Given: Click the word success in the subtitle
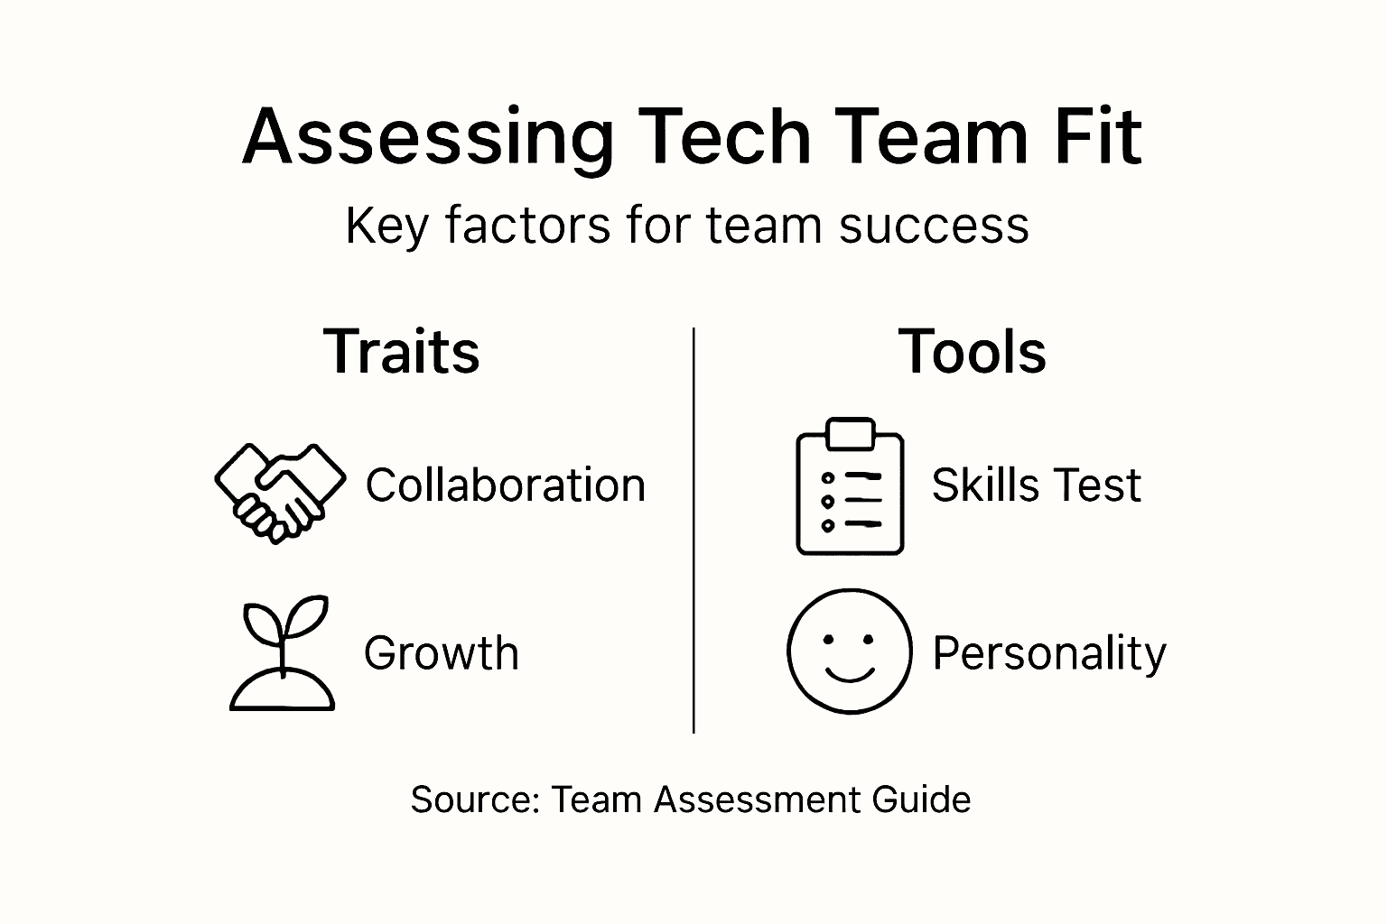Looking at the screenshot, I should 934,225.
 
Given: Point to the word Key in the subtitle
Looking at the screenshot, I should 386,226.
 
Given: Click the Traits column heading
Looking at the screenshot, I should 402,351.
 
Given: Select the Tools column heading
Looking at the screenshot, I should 972,351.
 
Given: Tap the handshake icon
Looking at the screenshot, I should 279,491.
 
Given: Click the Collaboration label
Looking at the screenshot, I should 506,485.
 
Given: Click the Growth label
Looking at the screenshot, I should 442,653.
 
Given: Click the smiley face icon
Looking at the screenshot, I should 849,651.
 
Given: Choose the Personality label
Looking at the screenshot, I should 1048,653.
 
